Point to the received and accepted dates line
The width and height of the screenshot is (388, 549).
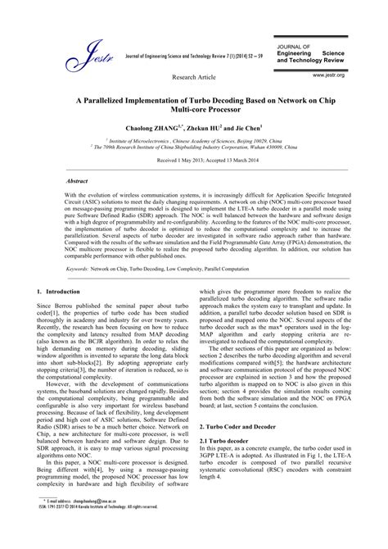pyautogui.click(x=195, y=161)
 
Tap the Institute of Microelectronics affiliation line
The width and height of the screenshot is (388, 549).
pyautogui.click(x=194, y=141)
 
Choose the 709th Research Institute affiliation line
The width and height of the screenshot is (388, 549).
pyautogui.click(x=194, y=147)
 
